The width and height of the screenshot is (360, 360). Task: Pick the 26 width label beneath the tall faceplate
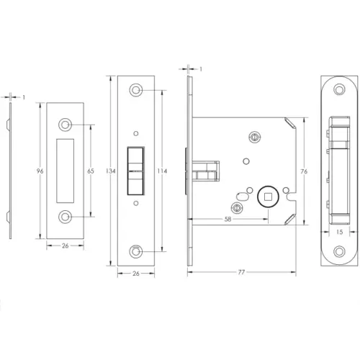click(x=135, y=274)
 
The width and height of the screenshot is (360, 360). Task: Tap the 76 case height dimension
click(x=305, y=171)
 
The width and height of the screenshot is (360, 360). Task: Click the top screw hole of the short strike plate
click(x=67, y=125)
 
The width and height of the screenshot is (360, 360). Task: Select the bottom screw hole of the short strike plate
click(x=67, y=217)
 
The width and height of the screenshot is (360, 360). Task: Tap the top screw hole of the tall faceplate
click(x=135, y=90)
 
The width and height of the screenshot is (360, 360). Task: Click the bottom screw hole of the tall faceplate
click(x=135, y=251)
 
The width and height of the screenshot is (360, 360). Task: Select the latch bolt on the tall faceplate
click(x=135, y=171)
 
